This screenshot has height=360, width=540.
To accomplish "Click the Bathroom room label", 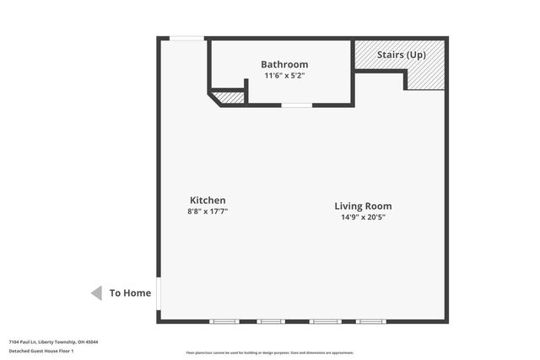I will pos(284,64).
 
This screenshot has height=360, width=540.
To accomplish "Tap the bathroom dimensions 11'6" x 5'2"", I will pos(284,76).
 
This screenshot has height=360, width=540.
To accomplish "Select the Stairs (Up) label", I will pos(401,55).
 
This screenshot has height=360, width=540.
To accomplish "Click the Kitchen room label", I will pos(207,200).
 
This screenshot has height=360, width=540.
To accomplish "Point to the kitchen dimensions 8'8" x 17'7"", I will pos(208,212).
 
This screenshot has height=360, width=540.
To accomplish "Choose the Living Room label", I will pos(363,206).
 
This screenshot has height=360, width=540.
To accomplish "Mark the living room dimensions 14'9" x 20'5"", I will pos(363,218).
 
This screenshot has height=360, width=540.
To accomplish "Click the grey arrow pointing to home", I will pos(96,293).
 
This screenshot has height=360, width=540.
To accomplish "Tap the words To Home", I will pos(131,293).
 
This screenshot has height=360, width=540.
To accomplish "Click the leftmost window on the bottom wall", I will pos(224,321).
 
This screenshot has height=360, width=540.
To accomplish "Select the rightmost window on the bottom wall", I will pos(370,321).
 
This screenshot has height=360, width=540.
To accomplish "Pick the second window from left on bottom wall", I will pos(271,321).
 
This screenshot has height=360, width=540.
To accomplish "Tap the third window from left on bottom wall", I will pos(325,321).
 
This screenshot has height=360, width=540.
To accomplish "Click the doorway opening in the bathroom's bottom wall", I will pos(296,105).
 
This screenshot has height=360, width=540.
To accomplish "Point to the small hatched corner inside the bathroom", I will pos(229,98).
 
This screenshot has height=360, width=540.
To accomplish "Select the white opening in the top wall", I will pos(186,38).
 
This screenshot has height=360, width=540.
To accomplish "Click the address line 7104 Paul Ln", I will pos(53,341).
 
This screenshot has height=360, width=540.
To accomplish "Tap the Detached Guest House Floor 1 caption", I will pos(41,351).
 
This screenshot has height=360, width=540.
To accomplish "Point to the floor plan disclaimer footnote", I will pos(270,352).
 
